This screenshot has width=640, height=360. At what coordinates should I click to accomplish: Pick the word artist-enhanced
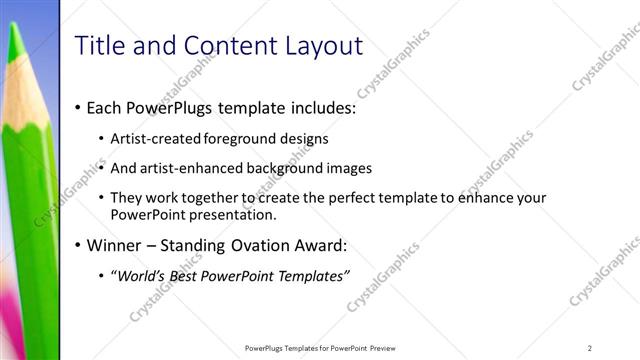(x=204, y=168)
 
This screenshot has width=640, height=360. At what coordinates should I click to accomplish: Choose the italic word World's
(x=140, y=276)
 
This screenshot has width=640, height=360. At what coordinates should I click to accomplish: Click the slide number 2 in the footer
(x=590, y=348)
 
